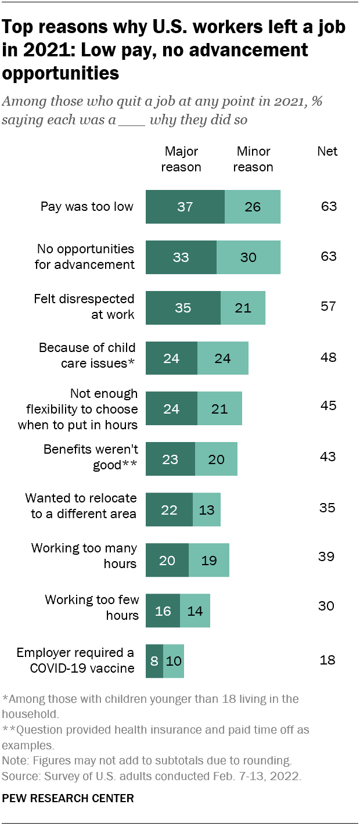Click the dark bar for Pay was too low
185,207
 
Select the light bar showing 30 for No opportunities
249,257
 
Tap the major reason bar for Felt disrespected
183,307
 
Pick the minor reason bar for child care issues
223,358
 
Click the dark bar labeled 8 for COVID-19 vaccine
154,661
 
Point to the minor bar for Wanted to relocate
206,509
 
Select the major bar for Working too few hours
163,610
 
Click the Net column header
327,152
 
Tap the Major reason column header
182,159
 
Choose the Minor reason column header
254,159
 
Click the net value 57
328,306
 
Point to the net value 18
328,660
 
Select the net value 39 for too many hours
326,556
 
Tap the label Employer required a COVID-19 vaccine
75,660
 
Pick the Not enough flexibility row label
78,409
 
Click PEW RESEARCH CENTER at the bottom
68,799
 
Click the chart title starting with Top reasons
174,50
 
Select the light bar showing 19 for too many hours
209,560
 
